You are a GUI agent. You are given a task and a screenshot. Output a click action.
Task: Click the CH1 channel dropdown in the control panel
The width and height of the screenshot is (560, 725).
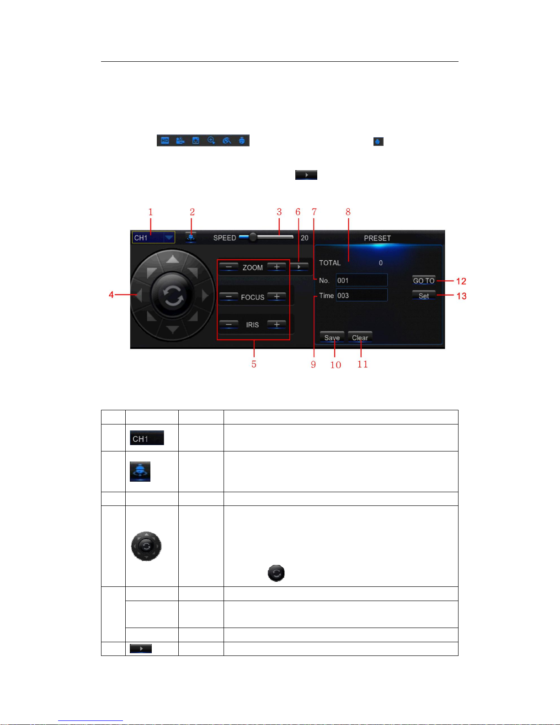[x=153, y=238]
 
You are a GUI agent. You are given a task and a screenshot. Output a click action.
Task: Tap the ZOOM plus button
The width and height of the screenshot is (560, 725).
[x=277, y=267]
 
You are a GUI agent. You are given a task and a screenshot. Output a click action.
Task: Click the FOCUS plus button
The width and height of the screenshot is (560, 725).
[x=277, y=296]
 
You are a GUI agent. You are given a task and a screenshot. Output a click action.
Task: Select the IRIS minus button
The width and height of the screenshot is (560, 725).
[x=229, y=324]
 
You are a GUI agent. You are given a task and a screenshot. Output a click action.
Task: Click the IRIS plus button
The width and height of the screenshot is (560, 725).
[x=277, y=324]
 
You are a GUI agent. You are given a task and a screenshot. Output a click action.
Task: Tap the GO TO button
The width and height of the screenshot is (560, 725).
[x=424, y=280]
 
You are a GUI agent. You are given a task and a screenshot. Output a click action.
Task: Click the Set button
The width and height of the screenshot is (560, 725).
[x=424, y=295]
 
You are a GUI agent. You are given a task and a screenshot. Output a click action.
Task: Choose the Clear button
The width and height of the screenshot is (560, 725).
[x=360, y=338]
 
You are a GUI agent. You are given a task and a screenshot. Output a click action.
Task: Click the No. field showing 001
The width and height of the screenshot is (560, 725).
[x=362, y=280]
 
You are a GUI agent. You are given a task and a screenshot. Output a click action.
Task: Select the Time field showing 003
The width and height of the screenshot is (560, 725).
[x=362, y=295]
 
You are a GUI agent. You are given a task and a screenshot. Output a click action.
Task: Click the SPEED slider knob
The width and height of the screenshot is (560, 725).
[x=253, y=237]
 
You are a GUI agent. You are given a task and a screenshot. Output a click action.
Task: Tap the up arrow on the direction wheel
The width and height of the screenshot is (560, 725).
[x=172, y=259]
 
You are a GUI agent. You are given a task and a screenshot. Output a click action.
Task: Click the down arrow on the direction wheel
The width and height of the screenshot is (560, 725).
[x=172, y=329]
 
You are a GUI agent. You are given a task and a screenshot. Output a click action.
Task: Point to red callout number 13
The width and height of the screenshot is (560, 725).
[x=461, y=296]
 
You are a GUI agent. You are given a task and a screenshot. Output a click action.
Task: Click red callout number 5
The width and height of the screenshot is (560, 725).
[x=254, y=365]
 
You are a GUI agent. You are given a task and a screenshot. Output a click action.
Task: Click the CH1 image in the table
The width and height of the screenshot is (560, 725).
[x=147, y=438]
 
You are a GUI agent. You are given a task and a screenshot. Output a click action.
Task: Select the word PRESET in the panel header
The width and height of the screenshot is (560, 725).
[x=377, y=238]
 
